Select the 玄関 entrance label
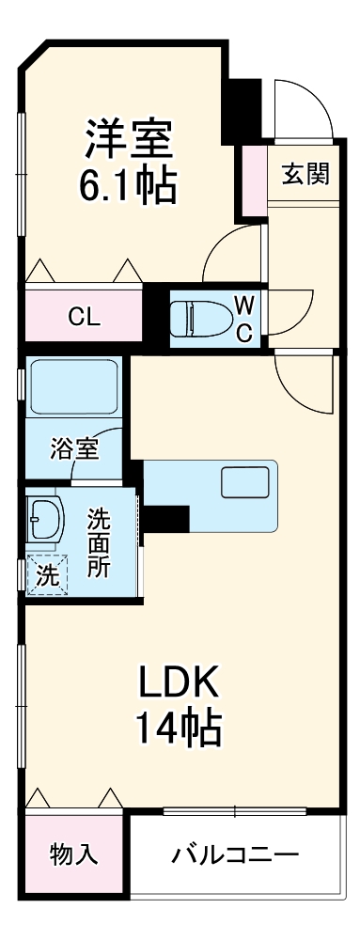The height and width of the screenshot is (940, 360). pyautogui.click(x=305, y=174)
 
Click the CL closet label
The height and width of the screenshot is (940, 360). pyautogui.click(x=84, y=317)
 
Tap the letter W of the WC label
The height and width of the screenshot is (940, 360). pyautogui.click(x=243, y=305)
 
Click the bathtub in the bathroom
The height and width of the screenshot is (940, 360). pyautogui.click(x=72, y=388)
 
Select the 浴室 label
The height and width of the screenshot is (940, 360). pyautogui.click(x=72, y=447)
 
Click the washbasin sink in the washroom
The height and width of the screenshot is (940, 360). pyautogui.click(x=45, y=518)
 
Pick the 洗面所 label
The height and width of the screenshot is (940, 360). pyautogui.click(x=100, y=541)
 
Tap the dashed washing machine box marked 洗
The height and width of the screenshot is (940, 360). pyautogui.click(x=46, y=576)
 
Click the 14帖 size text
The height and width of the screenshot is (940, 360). pyautogui.click(x=179, y=727)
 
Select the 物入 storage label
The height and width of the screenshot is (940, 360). pyautogui.click(x=72, y=854)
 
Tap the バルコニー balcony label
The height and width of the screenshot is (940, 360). pyautogui.click(x=234, y=855)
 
